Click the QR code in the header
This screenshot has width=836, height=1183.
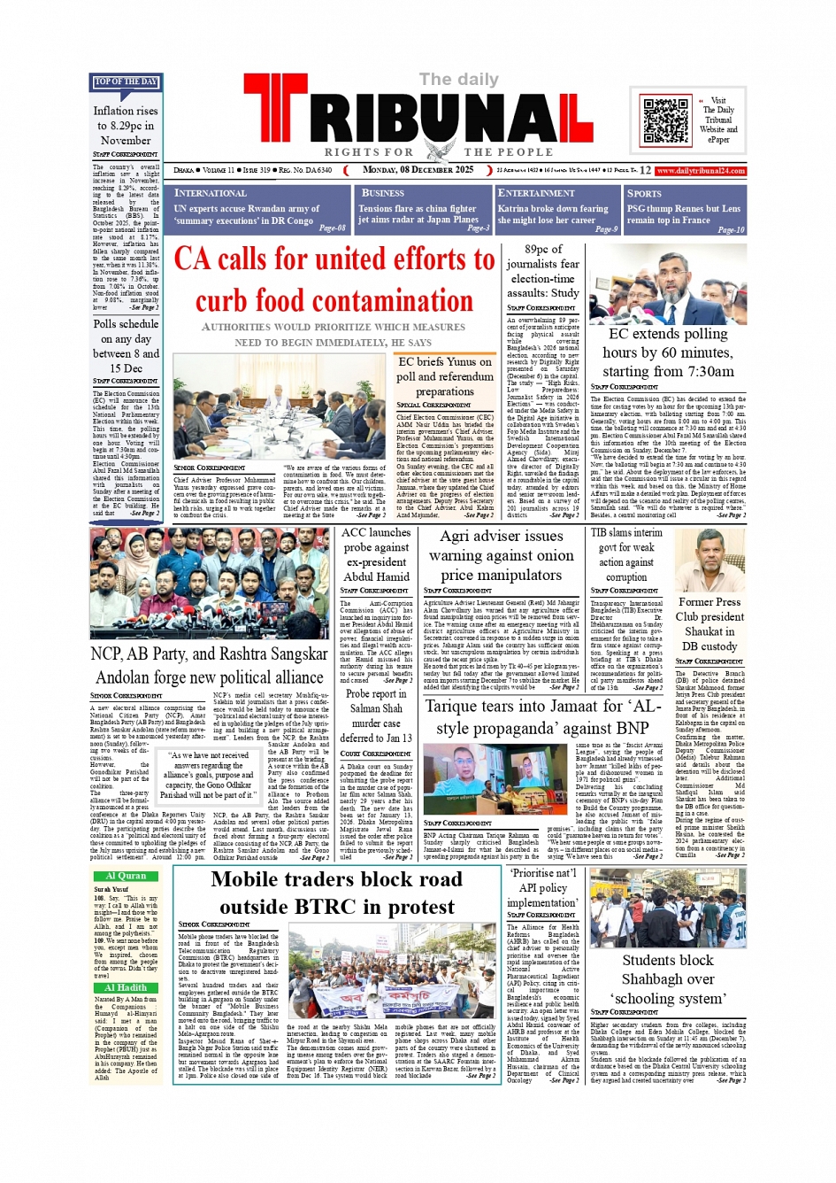point(666,121)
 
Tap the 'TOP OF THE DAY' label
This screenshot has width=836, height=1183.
point(126,82)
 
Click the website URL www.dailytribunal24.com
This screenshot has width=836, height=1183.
point(701,171)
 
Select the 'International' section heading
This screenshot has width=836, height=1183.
point(211,193)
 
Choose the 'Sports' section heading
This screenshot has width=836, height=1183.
point(644,193)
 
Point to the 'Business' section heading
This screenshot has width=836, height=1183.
point(383,193)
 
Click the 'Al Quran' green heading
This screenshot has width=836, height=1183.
point(126,876)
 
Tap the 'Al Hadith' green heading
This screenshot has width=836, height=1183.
point(126,987)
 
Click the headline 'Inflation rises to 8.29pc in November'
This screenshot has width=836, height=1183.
point(126,126)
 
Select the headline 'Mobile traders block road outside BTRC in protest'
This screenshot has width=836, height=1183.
point(336,893)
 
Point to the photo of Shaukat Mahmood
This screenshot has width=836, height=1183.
point(709,561)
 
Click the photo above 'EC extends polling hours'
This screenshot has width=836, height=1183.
point(668,284)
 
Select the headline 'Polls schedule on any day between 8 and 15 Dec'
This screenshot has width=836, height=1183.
point(126,346)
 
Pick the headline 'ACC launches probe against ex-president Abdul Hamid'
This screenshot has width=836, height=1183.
point(376,554)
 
